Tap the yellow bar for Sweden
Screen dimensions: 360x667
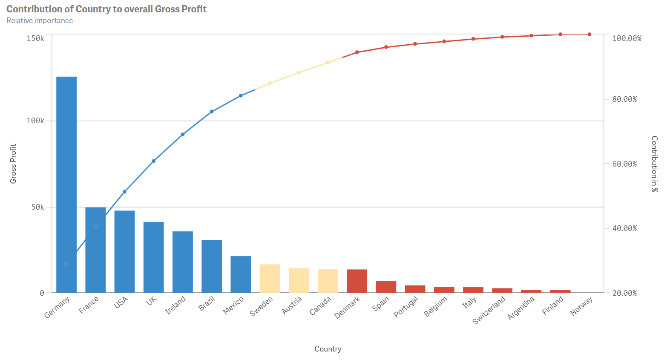coord(270,279)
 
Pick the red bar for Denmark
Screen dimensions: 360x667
coord(357,281)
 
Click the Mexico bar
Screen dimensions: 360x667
coord(241,274)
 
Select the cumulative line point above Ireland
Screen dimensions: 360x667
coord(183,135)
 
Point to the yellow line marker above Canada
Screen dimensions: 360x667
coord(328,63)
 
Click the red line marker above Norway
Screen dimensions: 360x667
coord(589,35)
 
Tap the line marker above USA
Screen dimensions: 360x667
coord(124,192)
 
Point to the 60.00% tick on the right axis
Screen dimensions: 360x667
coord(624,164)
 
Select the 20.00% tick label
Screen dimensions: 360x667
coord(624,293)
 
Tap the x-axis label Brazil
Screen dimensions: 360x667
coord(207,304)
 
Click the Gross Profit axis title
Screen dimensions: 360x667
coord(13,164)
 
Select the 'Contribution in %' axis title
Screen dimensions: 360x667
coord(655,164)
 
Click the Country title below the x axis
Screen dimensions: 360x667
coord(328,349)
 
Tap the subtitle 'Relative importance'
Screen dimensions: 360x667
coord(40,20)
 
